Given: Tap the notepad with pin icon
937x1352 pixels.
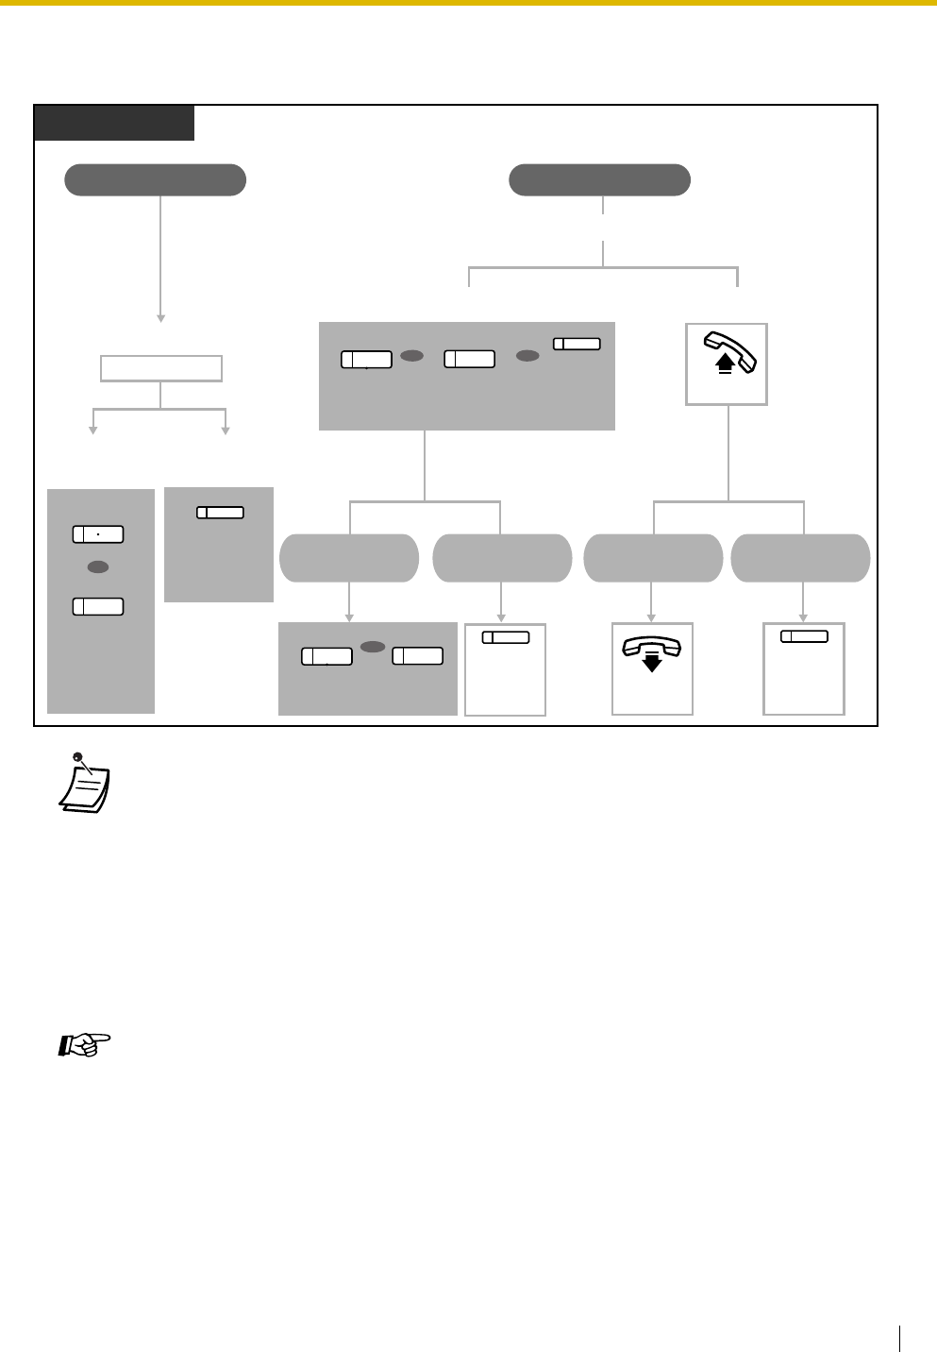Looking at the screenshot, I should tap(84, 783).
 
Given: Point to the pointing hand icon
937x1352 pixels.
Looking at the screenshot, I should tap(85, 1045).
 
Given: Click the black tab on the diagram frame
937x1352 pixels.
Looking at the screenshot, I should tap(114, 123).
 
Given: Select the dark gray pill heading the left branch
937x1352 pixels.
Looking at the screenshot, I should tap(155, 179).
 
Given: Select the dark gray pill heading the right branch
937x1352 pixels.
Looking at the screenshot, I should tap(599, 179).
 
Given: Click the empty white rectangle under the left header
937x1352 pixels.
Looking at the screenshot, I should tap(161, 368).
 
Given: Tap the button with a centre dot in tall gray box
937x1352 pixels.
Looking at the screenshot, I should tap(98, 534).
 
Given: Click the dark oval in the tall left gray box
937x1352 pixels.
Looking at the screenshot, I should tap(98, 567).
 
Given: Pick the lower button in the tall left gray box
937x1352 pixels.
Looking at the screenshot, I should tap(98, 606).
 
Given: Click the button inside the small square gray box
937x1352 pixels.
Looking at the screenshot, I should tap(220, 513).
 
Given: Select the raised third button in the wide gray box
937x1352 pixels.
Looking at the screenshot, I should tap(577, 344).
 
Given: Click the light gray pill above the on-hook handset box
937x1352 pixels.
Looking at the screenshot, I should tap(653, 558).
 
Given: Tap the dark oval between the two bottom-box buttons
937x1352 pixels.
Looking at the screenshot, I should tap(373, 648).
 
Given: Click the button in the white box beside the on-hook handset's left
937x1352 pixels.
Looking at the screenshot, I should tap(506, 637).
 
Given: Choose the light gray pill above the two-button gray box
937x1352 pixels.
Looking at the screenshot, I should tap(349, 558).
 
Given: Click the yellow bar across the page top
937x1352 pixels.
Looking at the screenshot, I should tap(468, 3).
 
